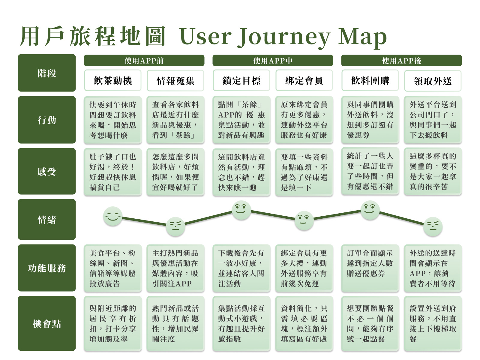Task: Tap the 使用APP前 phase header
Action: [144, 61]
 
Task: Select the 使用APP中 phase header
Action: [273, 61]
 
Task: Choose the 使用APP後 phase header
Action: [401, 61]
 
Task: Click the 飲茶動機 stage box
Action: [113, 80]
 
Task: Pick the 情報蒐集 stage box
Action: [175, 81]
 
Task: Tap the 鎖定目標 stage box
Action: [241, 80]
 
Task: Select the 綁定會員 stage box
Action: [304, 80]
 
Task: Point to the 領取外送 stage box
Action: [433, 81]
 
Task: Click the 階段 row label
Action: [47, 73]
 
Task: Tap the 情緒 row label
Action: [47, 219]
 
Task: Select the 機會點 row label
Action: [47, 323]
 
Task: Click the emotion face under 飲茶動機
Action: [113, 216]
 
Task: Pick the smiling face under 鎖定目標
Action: [241, 210]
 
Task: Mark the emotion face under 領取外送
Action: [433, 226]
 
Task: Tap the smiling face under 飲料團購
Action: [370, 210]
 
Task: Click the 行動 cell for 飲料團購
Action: [370, 120]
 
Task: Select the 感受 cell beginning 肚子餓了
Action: [113, 172]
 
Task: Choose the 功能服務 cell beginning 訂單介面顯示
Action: [370, 268]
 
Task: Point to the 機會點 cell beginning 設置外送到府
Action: [433, 323]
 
